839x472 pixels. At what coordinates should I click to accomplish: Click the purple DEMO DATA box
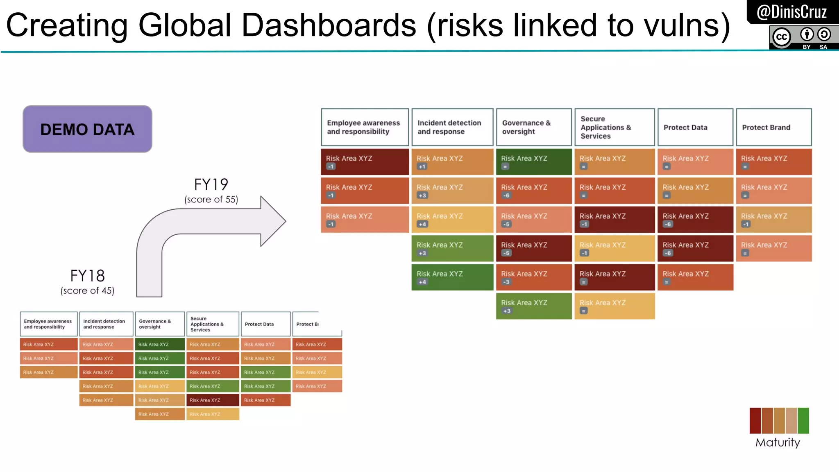87,129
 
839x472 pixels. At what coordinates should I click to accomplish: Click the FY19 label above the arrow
211,184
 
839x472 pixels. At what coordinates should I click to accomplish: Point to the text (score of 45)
87,290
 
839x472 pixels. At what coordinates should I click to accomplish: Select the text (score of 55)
211,200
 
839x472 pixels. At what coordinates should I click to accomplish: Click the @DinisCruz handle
791,12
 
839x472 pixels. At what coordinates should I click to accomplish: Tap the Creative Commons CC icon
782,37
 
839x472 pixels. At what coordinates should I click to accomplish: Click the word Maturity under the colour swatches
778,442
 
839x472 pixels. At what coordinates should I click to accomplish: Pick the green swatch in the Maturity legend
803,420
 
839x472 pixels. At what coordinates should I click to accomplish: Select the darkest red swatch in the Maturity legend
755,420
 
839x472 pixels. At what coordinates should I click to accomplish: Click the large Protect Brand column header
773,127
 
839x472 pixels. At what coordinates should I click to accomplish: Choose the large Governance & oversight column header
533,127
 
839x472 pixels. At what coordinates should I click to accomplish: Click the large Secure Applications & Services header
614,127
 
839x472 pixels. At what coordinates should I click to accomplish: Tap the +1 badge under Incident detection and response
422,167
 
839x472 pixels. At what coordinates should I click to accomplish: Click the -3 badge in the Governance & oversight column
506,282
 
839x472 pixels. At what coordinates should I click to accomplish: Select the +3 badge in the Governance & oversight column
507,311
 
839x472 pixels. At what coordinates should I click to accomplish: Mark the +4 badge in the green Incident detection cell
422,282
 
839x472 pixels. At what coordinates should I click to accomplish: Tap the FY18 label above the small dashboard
87,276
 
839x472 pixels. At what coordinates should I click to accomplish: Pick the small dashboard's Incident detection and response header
106,324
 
